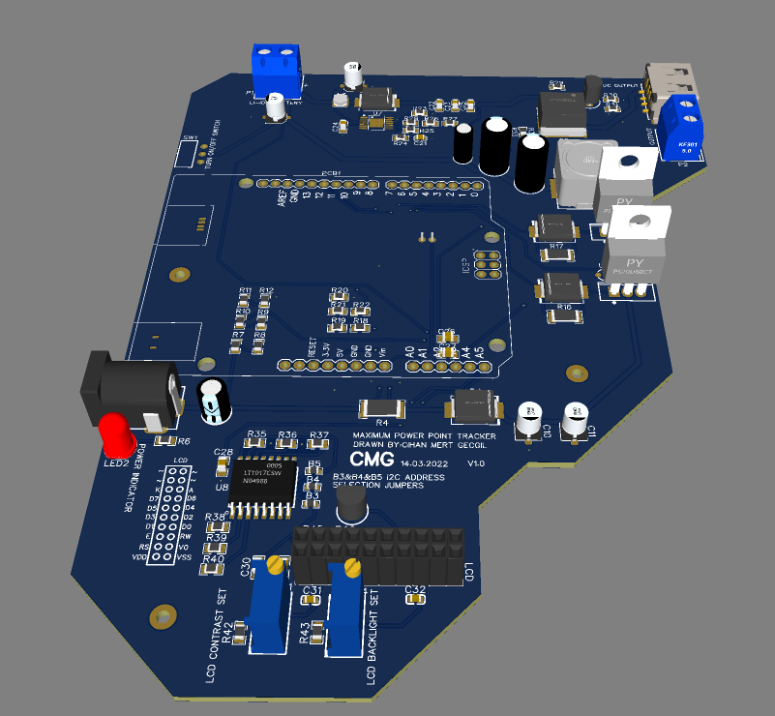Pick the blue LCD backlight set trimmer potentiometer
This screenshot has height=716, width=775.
[345, 607]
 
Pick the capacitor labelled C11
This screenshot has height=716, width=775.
[576, 419]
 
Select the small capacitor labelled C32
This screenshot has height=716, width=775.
[416, 600]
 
